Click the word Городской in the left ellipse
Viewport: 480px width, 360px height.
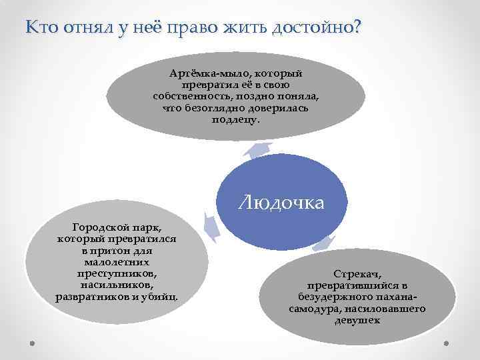101,227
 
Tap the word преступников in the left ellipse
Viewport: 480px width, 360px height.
116,274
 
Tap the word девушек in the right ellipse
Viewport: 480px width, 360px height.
357,321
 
